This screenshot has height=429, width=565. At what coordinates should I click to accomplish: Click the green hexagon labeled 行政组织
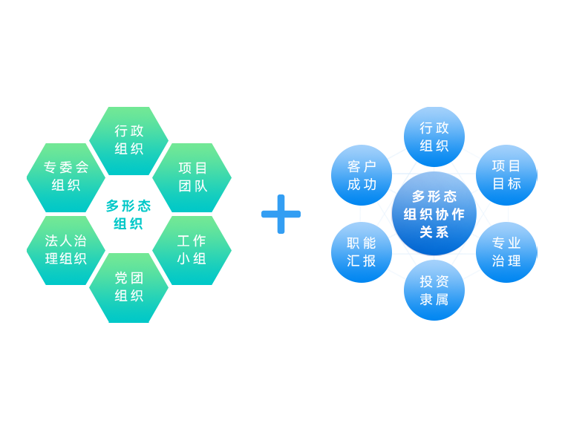point(128,140)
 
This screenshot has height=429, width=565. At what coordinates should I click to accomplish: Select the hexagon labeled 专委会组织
point(66,177)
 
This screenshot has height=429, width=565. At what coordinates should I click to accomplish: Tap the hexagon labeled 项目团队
point(192,177)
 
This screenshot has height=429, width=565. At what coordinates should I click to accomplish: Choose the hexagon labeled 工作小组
point(192,250)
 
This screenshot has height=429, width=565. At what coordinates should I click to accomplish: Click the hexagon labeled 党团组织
point(128,287)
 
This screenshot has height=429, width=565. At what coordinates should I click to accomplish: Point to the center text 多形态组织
point(128,214)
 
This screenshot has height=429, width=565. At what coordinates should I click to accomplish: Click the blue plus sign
point(281,214)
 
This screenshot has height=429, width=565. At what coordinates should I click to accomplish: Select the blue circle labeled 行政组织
point(434,137)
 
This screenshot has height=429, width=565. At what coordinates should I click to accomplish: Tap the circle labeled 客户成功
point(362,175)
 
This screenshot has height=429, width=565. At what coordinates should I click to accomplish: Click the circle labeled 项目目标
point(506,175)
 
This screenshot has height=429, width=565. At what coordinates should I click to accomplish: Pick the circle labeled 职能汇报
point(362,252)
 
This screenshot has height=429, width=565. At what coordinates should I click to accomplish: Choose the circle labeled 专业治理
point(506,252)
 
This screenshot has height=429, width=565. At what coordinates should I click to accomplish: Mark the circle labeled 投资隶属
point(434,290)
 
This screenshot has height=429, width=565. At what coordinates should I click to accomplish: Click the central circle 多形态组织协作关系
point(434,214)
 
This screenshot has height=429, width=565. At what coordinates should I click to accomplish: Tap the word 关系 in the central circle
point(434,232)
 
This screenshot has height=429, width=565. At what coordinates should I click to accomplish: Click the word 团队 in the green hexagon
point(192,186)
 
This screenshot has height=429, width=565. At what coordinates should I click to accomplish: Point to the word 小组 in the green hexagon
point(192,259)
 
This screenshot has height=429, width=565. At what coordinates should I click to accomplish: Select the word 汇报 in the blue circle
point(362,261)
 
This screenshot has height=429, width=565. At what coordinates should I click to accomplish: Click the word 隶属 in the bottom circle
point(434,300)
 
